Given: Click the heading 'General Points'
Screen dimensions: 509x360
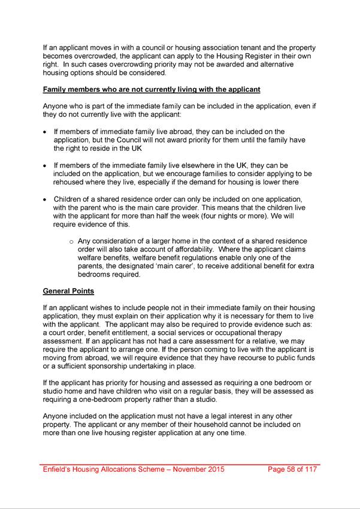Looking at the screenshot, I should [x=68, y=292].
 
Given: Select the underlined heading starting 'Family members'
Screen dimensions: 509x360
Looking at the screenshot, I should [x=152, y=90].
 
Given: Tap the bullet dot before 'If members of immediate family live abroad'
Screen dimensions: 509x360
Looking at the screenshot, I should [x=46, y=131].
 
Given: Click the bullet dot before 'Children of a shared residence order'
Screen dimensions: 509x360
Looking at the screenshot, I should [x=46, y=199].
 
